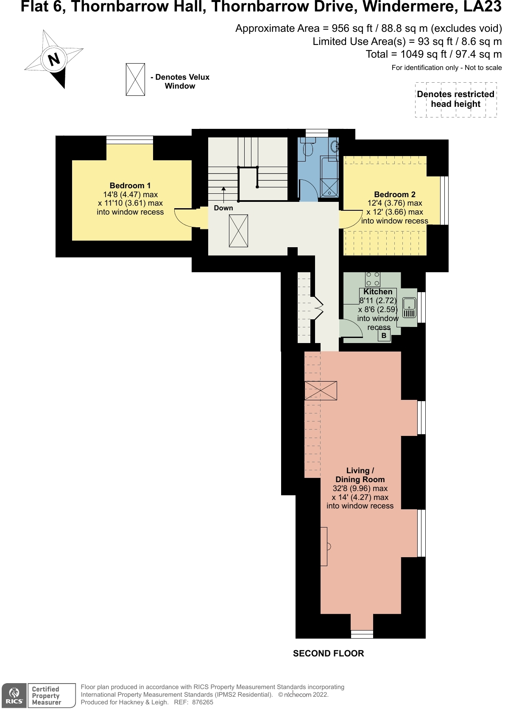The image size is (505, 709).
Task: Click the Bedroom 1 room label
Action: click(130, 186)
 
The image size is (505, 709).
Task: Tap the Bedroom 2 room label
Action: click(394, 195)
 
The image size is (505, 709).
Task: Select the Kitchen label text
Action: click(378, 292)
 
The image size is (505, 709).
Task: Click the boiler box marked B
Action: click(384, 335)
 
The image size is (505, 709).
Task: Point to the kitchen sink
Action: click(409, 308)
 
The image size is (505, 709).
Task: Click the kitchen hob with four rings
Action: click(373, 279)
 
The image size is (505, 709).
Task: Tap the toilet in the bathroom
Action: click(308, 148)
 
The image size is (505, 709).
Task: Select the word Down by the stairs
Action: click(223, 208)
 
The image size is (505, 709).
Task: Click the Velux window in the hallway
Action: click(238, 231)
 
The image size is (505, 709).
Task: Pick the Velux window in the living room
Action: click(321, 391)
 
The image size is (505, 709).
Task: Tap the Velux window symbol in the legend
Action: click(135, 79)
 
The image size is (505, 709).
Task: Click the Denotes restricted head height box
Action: click(455, 100)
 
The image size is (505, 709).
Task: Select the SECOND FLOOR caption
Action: click(328, 653)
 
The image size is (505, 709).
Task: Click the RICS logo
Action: click(14, 695)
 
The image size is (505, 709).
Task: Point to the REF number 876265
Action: click(202, 702)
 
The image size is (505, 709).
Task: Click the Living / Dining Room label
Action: click(360, 475)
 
